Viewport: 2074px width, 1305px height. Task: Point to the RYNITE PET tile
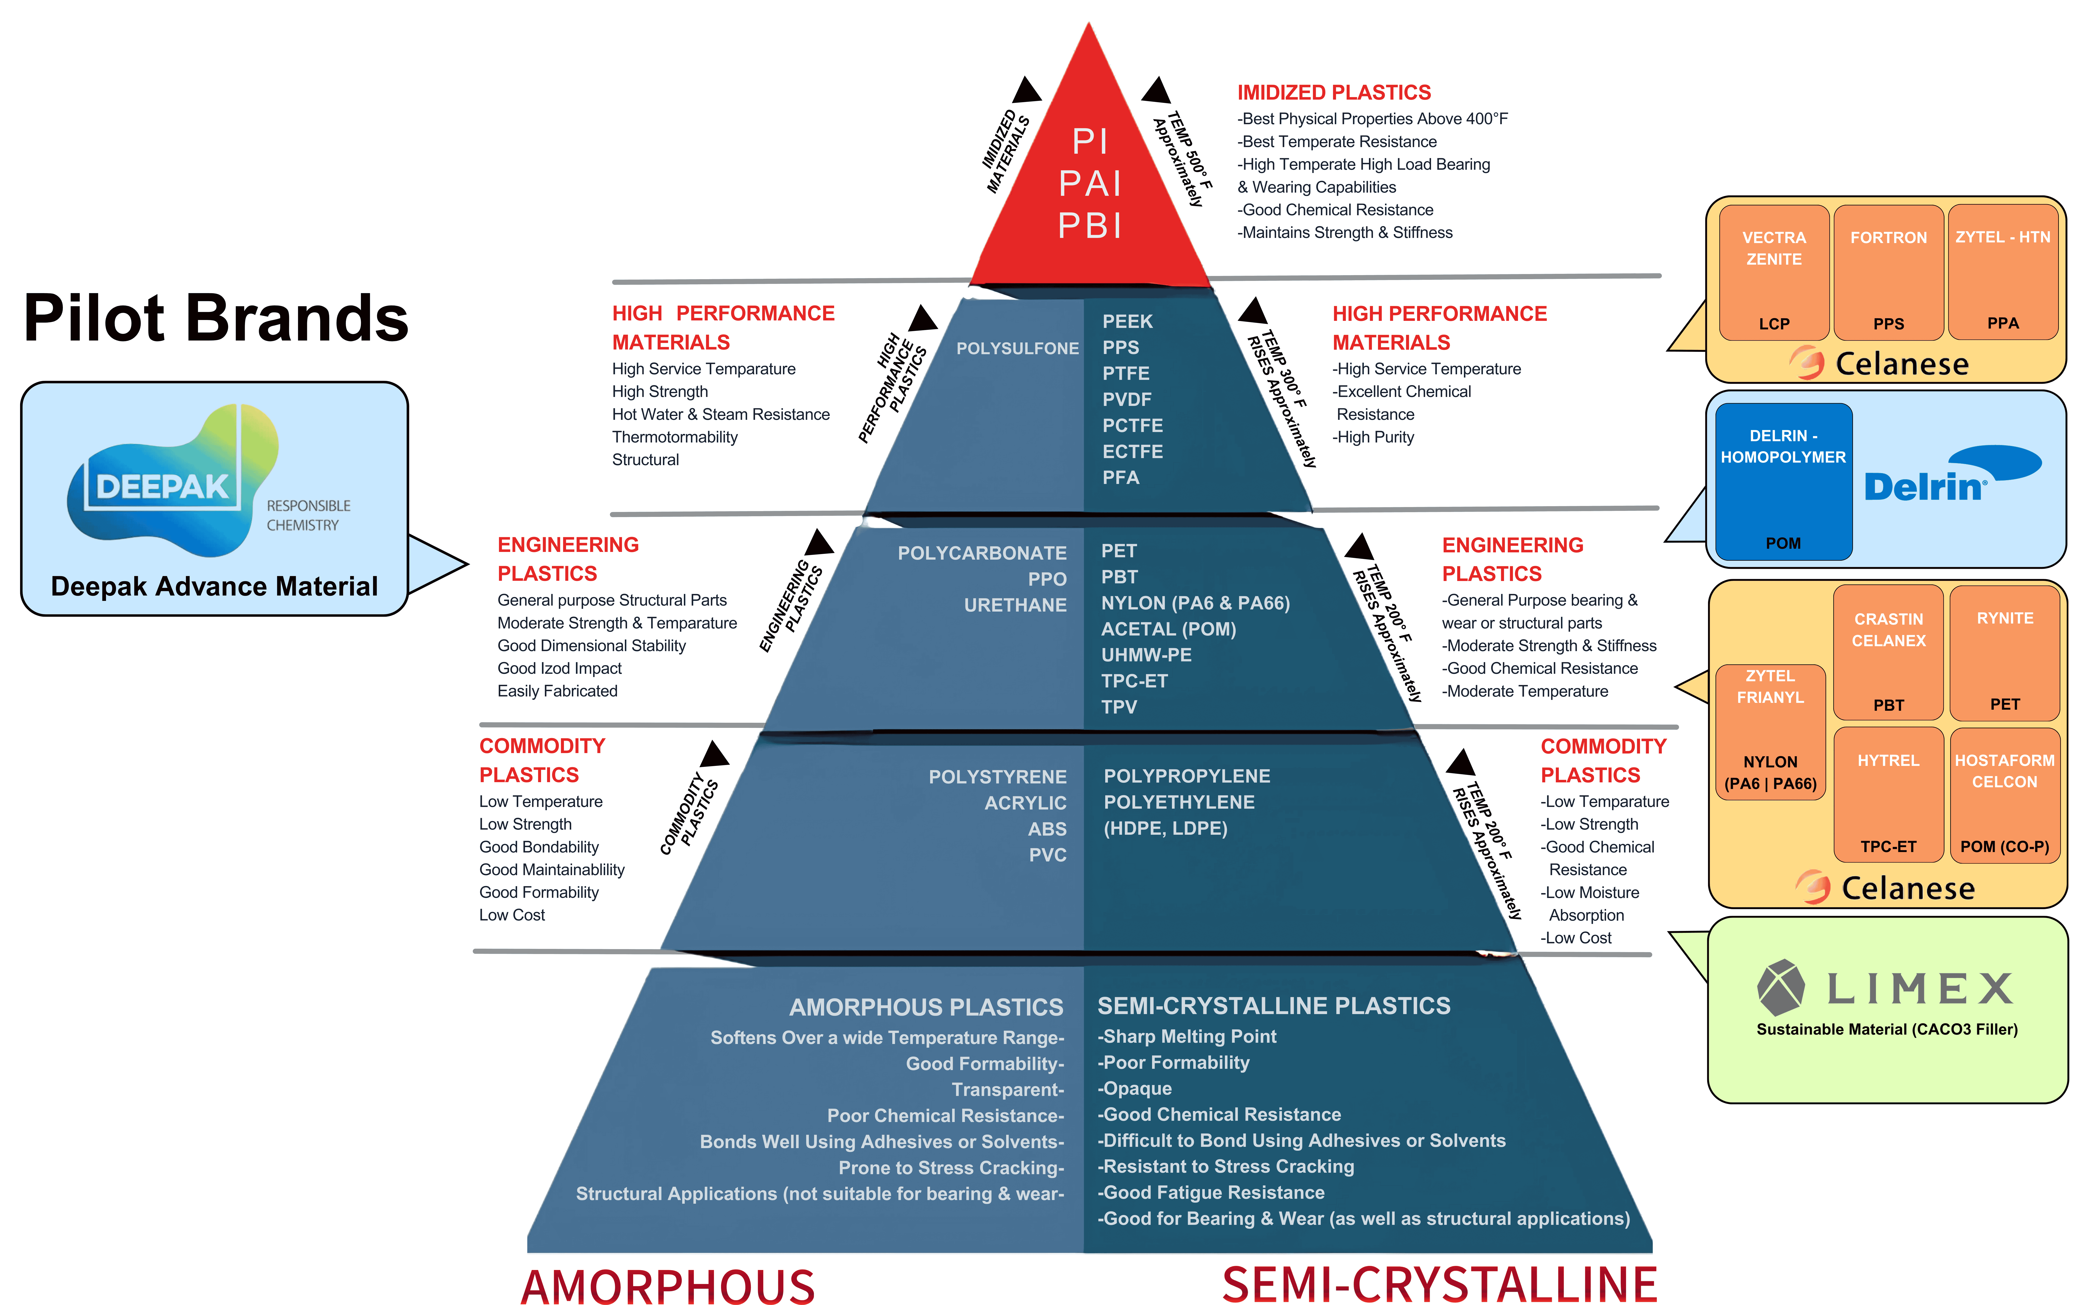click(2004, 652)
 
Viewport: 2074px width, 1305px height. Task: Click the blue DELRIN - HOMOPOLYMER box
click(1783, 482)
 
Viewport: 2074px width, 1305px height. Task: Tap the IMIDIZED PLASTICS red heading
click(1333, 92)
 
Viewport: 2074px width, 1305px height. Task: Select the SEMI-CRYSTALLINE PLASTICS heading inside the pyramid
click(1273, 1005)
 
